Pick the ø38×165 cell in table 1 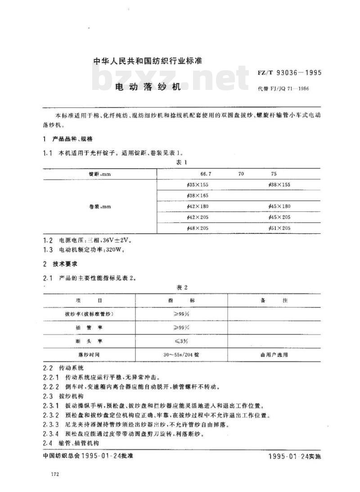point(198,196)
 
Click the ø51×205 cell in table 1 point(279,228)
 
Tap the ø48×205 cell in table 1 point(198,228)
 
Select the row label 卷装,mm point(100,206)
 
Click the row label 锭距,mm point(99,174)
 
